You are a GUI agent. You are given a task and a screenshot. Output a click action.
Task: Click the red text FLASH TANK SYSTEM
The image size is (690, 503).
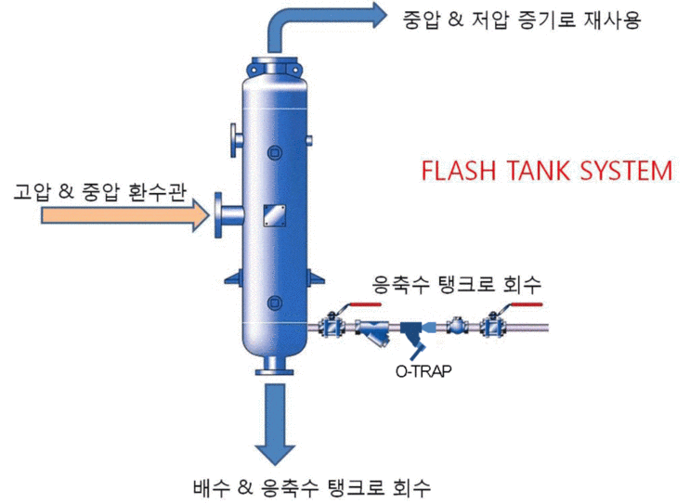[x=546, y=172]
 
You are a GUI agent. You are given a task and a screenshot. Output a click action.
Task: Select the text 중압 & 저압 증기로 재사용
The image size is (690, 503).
[x=522, y=19]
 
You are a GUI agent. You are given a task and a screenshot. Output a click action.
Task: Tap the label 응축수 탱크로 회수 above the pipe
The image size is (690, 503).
[x=456, y=282]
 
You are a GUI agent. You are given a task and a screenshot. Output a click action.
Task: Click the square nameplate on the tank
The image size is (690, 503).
[x=273, y=214]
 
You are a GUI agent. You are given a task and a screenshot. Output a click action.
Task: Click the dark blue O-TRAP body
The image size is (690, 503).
[x=414, y=331]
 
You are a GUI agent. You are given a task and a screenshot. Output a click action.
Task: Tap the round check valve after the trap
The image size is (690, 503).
[x=456, y=327]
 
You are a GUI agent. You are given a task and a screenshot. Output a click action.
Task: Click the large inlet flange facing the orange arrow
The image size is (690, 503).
[x=222, y=214]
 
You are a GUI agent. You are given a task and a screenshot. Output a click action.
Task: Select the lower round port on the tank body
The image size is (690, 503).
[x=273, y=302]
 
